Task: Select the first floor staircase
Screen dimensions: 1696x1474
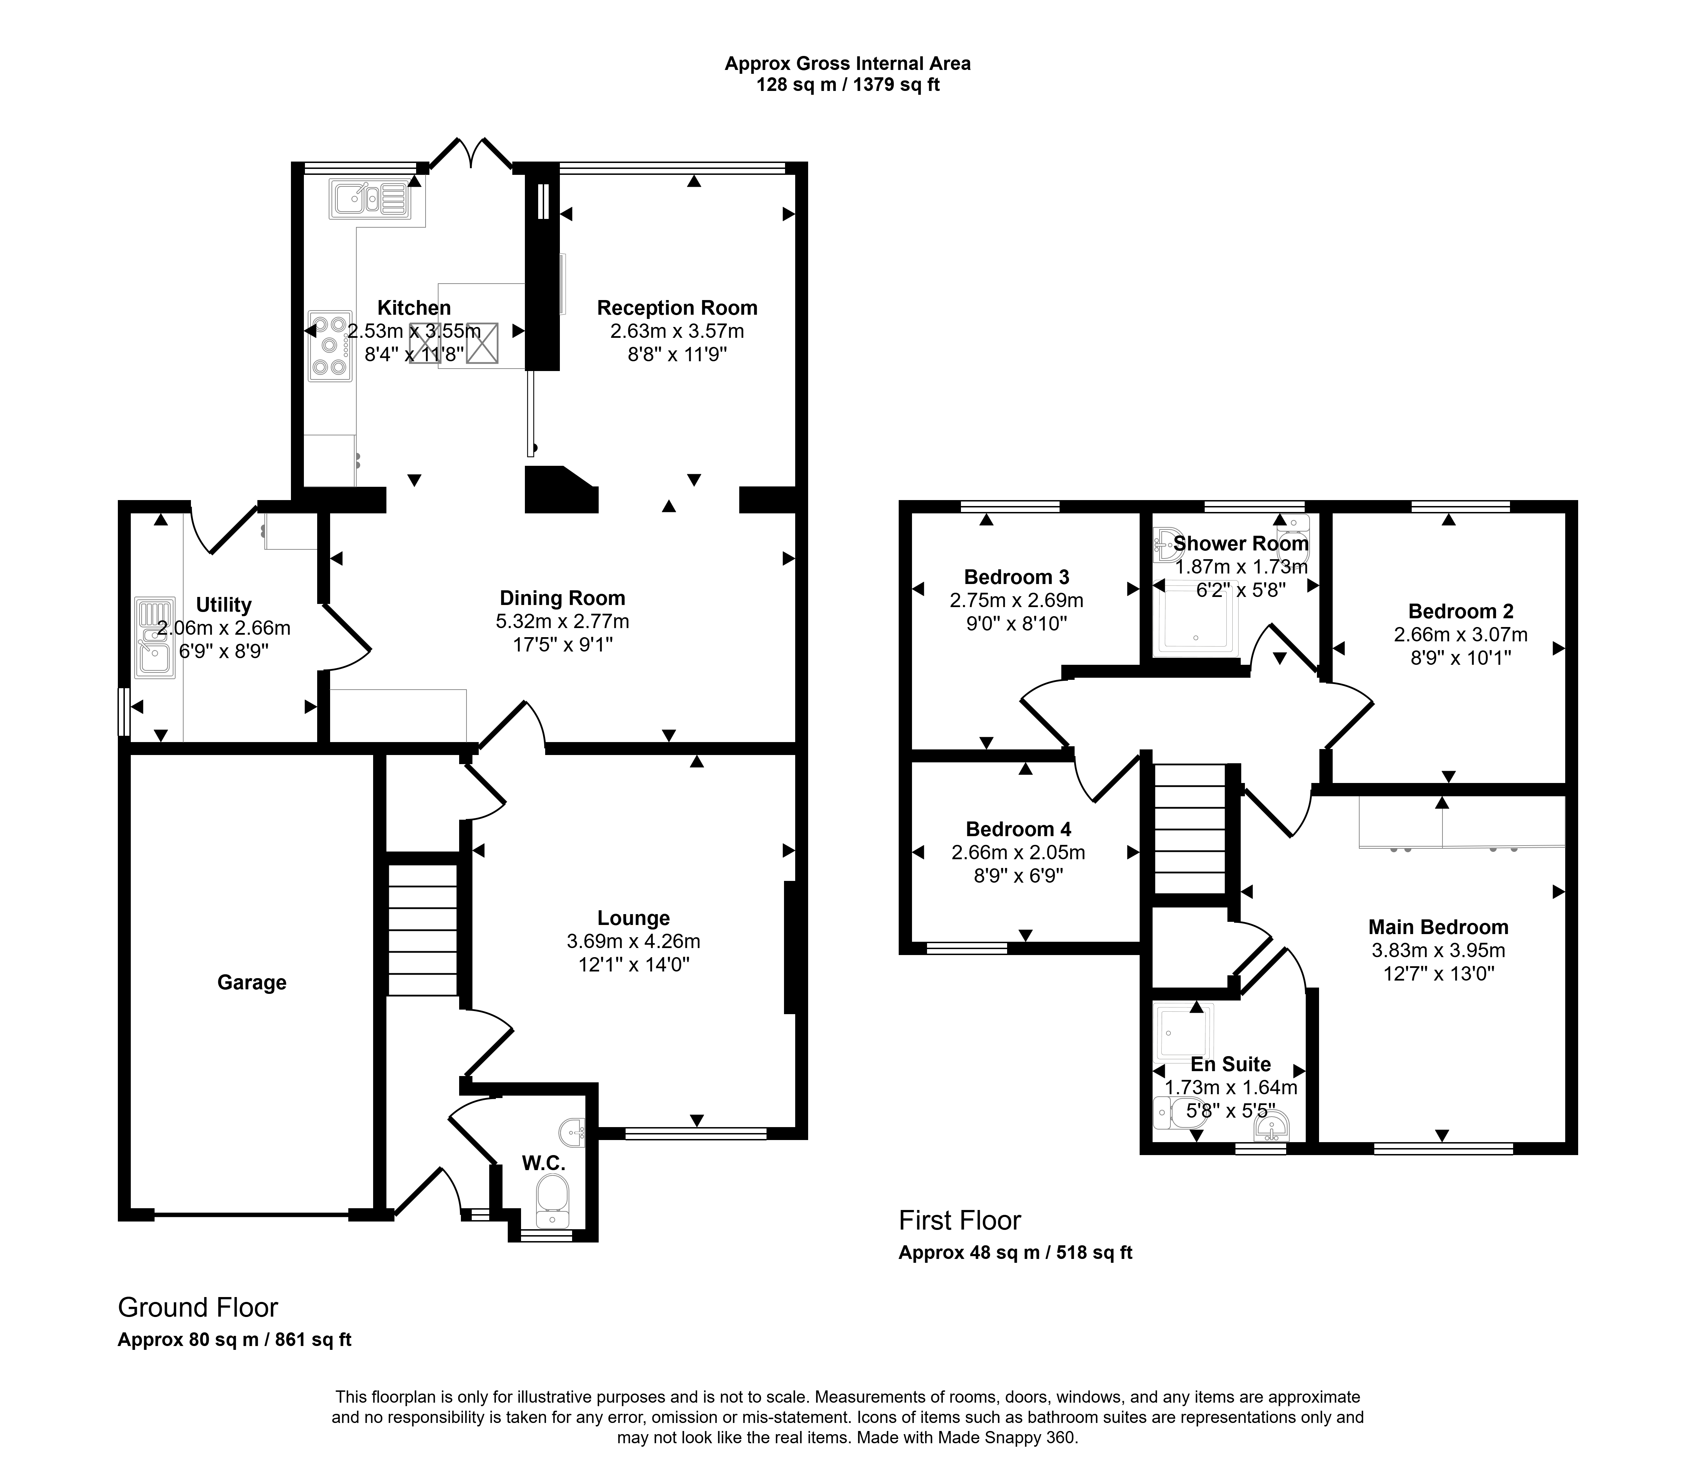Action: pyautogui.click(x=1190, y=829)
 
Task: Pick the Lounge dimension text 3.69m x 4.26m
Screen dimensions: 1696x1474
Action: pyautogui.click(x=633, y=941)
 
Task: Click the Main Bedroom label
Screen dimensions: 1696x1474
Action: pyautogui.click(x=1439, y=927)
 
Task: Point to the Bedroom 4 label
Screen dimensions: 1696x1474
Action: pyautogui.click(x=1018, y=829)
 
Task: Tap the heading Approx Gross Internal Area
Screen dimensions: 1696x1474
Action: pyautogui.click(x=847, y=63)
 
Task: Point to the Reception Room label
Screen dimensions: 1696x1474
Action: pyautogui.click(x=677, y=308)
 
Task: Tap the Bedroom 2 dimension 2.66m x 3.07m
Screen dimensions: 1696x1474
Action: pyautogui.click(x=1461, y=635)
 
